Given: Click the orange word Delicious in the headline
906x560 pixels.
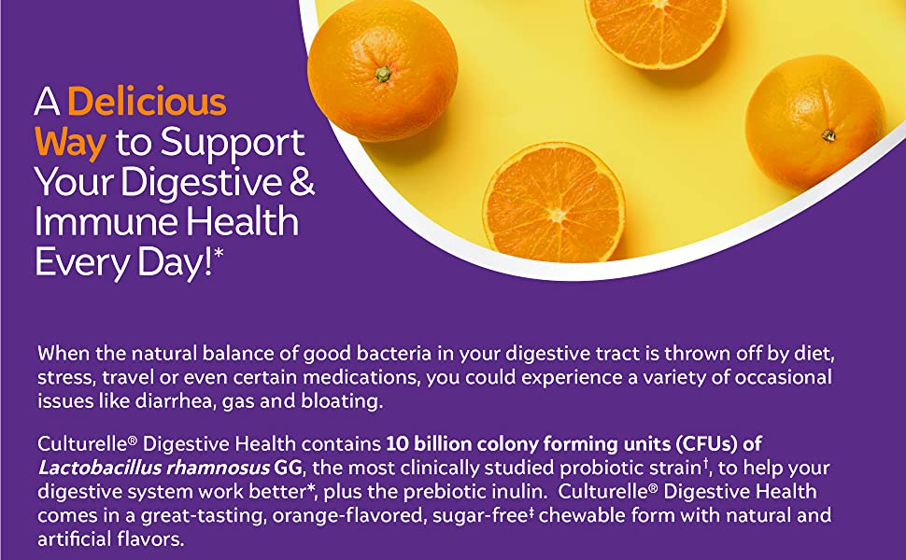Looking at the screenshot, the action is (147, 102).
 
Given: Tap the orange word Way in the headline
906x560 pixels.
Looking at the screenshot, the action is (70, 143).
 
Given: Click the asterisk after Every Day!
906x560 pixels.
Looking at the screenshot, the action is (219, 252).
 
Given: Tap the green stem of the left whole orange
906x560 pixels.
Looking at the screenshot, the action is (383, 74).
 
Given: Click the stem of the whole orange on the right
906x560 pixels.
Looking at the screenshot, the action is (828, 135).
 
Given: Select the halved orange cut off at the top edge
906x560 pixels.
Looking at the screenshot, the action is (656, 32).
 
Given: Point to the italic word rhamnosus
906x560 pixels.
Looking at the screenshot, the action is (218, 469).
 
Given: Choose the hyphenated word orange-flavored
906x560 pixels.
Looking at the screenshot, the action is (348, 515).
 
